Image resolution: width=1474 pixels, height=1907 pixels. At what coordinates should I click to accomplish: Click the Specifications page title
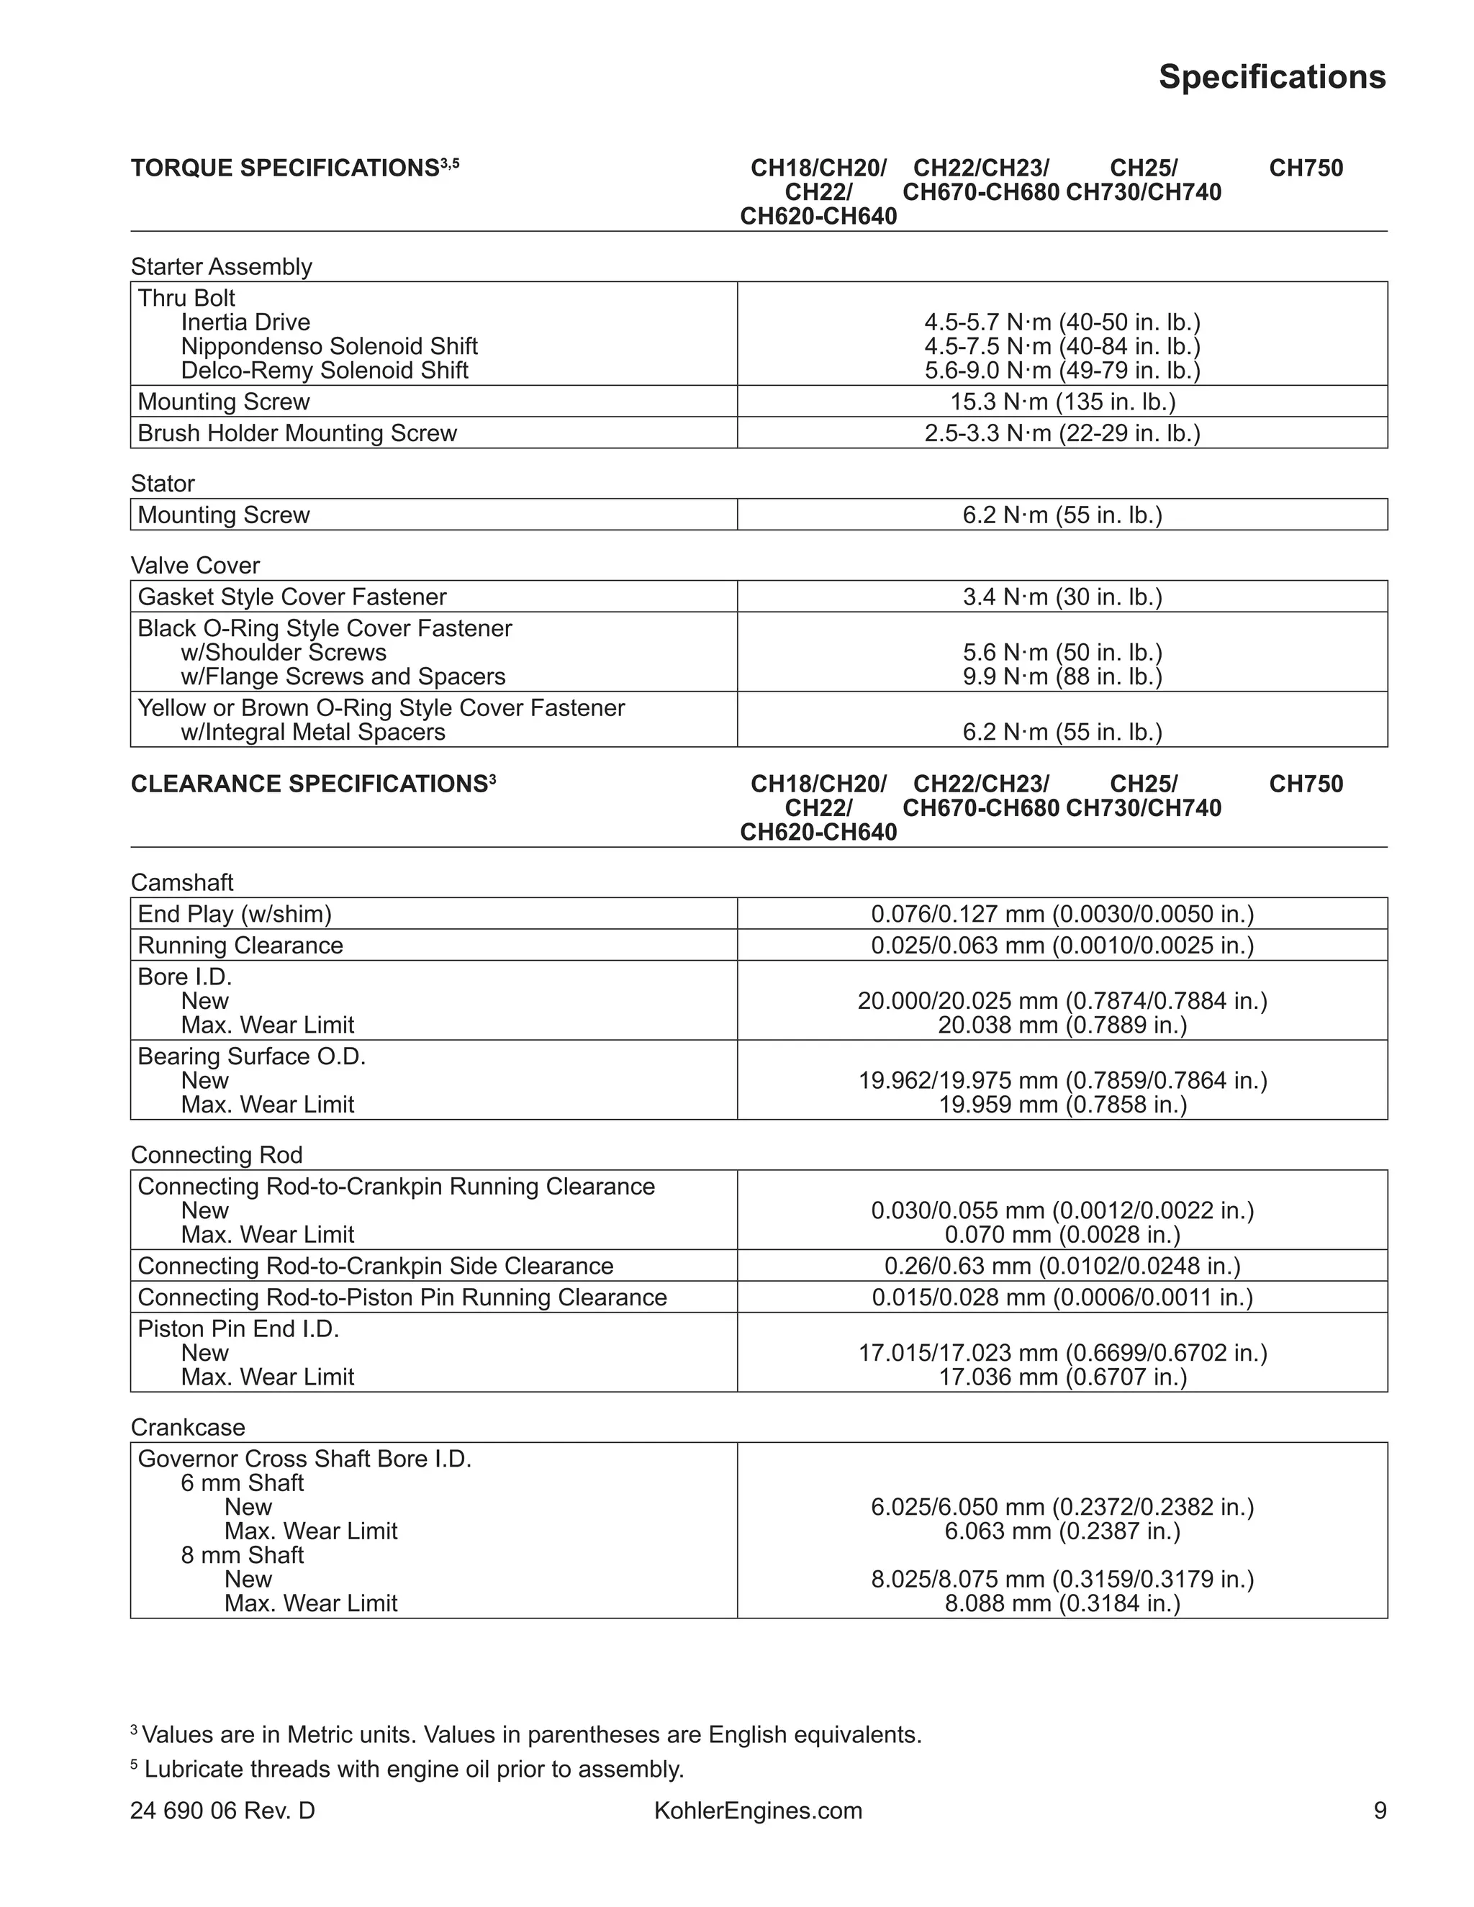click(x=1272, y=77)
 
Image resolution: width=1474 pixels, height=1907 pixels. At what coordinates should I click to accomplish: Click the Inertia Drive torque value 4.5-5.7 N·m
click(x=1062, y=322)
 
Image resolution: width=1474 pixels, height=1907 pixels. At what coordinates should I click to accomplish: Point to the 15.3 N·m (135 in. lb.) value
click(x=1062, y=402)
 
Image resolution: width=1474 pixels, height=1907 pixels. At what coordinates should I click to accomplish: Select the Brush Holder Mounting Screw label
click(x=297, y=433)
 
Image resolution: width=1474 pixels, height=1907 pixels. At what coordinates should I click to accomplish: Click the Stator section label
click(x=163, y=483)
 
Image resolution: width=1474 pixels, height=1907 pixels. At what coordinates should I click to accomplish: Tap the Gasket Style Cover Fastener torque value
click(x=1062, y=597)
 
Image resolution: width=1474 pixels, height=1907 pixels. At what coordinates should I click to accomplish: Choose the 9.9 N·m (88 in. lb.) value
click(x=1062, y=676)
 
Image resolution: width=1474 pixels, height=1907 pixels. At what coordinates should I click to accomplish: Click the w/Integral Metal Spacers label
click(x=312, y=732)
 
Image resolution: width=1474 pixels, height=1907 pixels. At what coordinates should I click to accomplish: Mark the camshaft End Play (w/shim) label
click(x=235, y=914)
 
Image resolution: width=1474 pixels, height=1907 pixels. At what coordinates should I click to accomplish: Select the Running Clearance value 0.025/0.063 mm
click(x=1062, y=946)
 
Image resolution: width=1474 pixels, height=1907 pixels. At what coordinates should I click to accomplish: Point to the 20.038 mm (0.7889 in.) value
click(x=1062, y=1025)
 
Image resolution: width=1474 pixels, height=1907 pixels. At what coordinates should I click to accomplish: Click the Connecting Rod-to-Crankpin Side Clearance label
click(x=376, y=1266)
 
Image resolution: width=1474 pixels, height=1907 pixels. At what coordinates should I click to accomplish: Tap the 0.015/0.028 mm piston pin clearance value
click(x=1062, y=1297)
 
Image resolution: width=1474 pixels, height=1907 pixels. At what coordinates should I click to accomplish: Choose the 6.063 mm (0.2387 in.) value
click(x=1062, y=1531)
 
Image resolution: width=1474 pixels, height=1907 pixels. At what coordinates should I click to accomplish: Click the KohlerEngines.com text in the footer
click(x=758, y=1811)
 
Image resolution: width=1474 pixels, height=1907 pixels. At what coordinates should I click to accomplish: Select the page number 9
click(x=1380, y=1811)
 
